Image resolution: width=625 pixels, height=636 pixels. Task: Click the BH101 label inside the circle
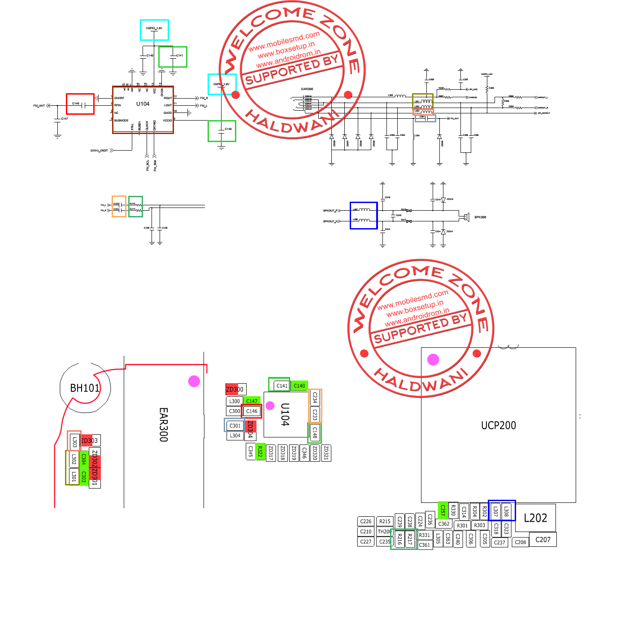[85, 388]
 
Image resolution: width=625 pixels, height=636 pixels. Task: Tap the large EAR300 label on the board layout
[164, 424]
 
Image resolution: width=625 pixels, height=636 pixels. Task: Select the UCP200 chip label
[498, 425]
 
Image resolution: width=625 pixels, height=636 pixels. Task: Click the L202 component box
[535, 518]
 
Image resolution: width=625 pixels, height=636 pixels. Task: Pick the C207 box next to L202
[543, 540]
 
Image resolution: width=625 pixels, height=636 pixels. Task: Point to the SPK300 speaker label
[480, 217]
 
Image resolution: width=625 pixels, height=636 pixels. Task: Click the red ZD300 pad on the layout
[234, 389]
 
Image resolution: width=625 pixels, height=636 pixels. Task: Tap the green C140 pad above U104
[299, 385]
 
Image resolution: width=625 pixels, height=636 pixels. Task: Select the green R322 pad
[260, 452]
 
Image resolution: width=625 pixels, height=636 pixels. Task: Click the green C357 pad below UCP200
[443, 510]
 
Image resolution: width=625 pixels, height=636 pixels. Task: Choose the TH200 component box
[384, 532]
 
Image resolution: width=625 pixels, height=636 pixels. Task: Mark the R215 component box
[385, 521]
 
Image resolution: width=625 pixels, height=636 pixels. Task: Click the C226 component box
[366, 521]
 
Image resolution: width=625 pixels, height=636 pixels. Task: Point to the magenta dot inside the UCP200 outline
[433, 359]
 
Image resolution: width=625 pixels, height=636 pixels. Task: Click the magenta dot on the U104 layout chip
[270, 406]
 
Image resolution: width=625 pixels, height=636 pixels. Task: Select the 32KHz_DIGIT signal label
[99, 151]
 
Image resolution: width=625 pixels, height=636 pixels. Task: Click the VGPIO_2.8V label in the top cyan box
[154, 28]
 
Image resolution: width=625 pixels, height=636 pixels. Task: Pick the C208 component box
[520, 542]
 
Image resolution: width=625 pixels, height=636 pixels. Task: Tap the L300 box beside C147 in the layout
[234, 401]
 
